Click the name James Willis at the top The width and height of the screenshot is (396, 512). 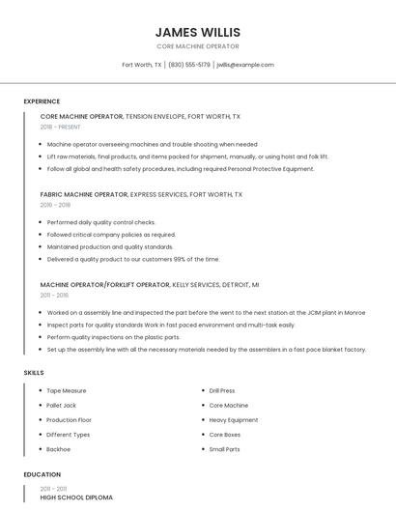pyautogui.click(x=197, y=32)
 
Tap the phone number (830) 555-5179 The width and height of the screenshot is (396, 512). pyautogui.click(x=189, y=65)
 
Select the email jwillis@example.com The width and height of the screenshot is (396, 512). pyautogui.click(x=245, y=65)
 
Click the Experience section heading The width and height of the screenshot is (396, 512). pyautogui.click(x=42, y=101)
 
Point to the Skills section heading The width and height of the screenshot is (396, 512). pyautogui.click(x=34, y=372)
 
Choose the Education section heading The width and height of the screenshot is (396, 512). pyautogui.click(x=42, y=474)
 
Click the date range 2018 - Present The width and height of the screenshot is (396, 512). pyautogui.click(x=62, y=127)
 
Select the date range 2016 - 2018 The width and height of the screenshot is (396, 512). pyautogui.click(x=55, y=205)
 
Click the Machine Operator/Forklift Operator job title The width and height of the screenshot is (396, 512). pyautogui.click(x=104, y=285)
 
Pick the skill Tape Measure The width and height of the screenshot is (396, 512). pyautogui.click(x=67, y=390)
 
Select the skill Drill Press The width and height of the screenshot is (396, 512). pyautogui.click(x=222, y=390)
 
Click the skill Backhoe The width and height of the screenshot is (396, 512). pyautogui.click(x=59, y=449)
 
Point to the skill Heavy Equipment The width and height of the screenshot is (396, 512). pyautogui.click(x=233, y=420)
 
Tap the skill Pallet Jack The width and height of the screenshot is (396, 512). pyautogui.click(x=61, y=406)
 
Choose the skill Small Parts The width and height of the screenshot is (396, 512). pyautogui.click(x=224, y=449)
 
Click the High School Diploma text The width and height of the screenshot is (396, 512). pyautogui.click(x=76, y=497)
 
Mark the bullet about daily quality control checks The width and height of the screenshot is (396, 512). pyautogui.click(x=100, y=222)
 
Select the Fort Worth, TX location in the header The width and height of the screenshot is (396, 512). pyautogui.click(x=142, y=65)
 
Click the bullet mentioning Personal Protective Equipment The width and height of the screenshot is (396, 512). pyautogui.click(x=181, y=168)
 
